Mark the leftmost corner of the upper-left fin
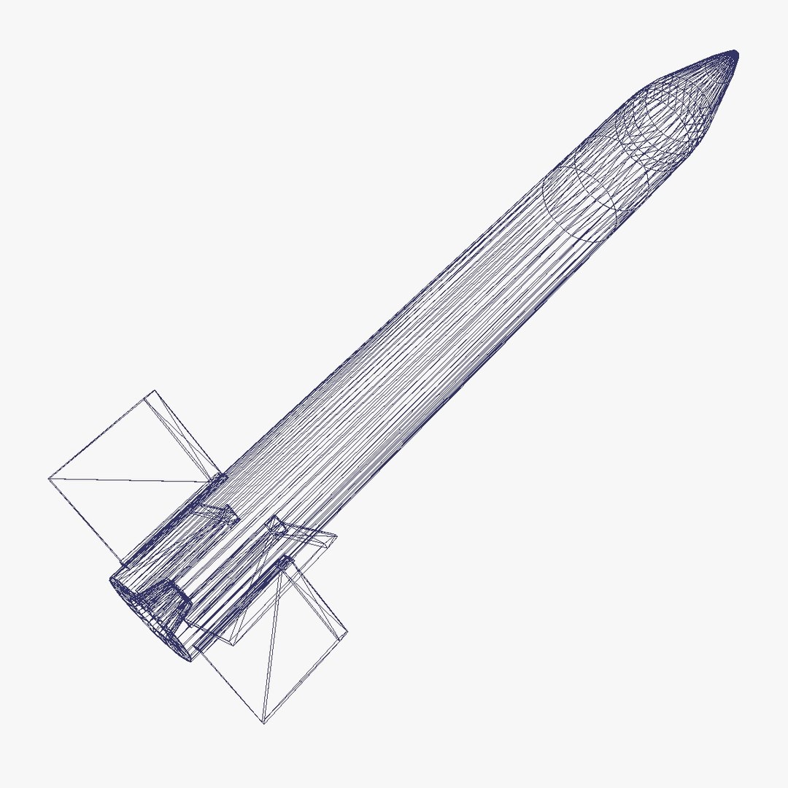[49, 479]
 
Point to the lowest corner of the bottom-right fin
[263, 723]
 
